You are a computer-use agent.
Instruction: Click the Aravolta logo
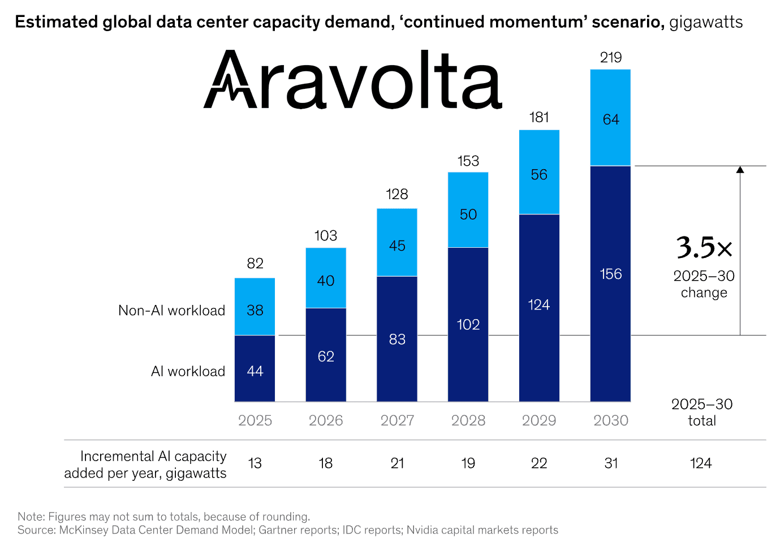point(352,80)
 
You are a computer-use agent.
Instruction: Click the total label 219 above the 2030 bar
point(611,58)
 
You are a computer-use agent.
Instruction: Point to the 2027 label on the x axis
point(397,420)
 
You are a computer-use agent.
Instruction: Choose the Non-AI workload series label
point(171,311)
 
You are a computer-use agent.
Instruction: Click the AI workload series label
point(188,372)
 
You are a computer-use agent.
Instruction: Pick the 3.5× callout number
point(704,248)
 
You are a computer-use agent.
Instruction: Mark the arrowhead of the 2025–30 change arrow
point(740,169)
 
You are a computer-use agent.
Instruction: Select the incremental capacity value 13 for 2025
point(255,463)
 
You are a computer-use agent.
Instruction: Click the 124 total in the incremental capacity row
point(701,463)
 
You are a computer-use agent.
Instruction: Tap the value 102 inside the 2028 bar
point(468,325)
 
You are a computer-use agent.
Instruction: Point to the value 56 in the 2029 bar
point(539,175)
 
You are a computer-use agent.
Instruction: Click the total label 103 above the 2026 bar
point(326,236)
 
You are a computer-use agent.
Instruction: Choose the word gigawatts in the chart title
point(706,22)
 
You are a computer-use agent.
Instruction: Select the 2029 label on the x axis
point(539,420)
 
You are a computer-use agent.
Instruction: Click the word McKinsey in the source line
point(84,530)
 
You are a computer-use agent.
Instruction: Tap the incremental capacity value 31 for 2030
point(611,463)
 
